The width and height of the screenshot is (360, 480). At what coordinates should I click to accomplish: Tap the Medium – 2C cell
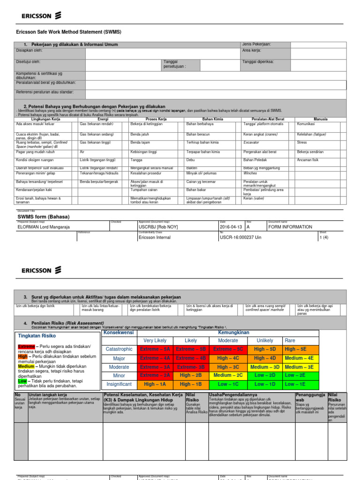click(228, 375)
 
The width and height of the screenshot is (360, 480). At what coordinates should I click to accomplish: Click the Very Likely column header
click(155, 340)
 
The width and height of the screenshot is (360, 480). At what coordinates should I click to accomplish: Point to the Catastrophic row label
click(119, 349)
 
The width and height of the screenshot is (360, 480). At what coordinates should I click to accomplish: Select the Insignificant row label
click(119, 384)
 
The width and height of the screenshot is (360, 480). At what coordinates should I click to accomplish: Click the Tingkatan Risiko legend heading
click(37, 336)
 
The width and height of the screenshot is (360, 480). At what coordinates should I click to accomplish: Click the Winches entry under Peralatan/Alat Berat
click(251, 172)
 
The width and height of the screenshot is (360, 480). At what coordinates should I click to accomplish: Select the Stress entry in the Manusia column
click(302, 142)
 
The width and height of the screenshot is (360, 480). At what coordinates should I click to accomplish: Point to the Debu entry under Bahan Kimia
click(191, 160)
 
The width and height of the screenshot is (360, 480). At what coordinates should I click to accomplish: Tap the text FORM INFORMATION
click(290, 227)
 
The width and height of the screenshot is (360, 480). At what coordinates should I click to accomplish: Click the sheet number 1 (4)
click(324, 237)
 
